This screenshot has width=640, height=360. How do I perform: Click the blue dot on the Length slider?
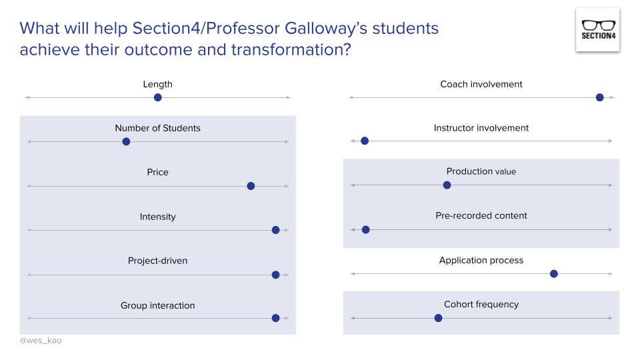(x=157, y=97)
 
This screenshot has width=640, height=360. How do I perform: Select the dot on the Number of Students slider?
(x=126, y=141)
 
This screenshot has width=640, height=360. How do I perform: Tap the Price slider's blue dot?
(x=251, y=186)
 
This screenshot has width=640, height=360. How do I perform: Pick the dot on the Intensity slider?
(x=275, y=230)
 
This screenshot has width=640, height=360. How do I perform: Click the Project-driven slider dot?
(x=275, y=275)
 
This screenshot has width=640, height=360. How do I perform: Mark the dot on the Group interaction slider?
(x=275, y=318)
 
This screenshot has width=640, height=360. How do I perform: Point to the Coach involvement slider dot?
(x=599, y=97)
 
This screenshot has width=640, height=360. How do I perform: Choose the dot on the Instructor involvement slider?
(x=365, y=141)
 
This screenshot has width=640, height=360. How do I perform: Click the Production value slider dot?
(x=447, y=185)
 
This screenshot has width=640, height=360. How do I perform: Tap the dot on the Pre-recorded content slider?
(x=365, y=229)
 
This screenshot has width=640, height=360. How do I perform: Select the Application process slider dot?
(x=553, y=273)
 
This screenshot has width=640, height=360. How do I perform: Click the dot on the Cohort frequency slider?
(x=438, y=318)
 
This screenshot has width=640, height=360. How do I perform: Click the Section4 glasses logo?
(x=597, y=29)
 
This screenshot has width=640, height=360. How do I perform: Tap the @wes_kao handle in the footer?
(x=41, y=341)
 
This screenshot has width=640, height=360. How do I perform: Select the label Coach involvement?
(x=481, y=84)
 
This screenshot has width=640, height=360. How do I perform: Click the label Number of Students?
(x=157, y=128)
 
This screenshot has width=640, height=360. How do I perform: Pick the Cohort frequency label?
(x=481, y=304)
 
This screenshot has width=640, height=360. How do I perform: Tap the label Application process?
(x=481, y=260)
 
